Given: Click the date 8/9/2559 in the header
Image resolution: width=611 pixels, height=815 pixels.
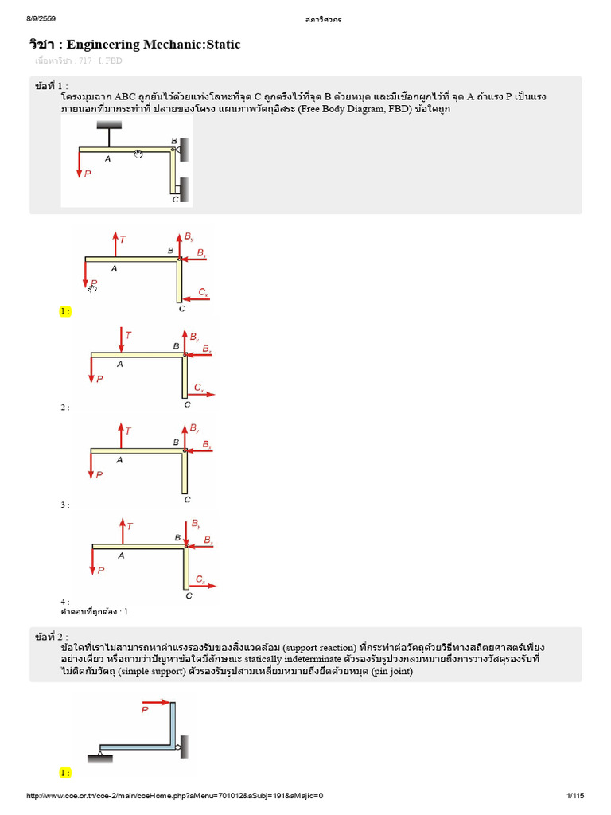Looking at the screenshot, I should [41, 18].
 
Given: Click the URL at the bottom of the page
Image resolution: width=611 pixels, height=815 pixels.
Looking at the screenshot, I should [175, 796].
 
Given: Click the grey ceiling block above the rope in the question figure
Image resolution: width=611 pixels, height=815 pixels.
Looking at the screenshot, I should [110, 125].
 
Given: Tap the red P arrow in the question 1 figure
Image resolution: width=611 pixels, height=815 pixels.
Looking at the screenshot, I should [80, 164].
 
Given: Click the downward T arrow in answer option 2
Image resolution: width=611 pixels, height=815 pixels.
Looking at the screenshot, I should [120, 341].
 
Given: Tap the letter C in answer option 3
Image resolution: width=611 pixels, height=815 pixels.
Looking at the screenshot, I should [187, 500].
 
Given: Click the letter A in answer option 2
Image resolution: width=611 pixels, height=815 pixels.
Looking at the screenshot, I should [120, 364].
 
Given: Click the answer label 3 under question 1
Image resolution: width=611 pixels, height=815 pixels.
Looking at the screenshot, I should [64, 505].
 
